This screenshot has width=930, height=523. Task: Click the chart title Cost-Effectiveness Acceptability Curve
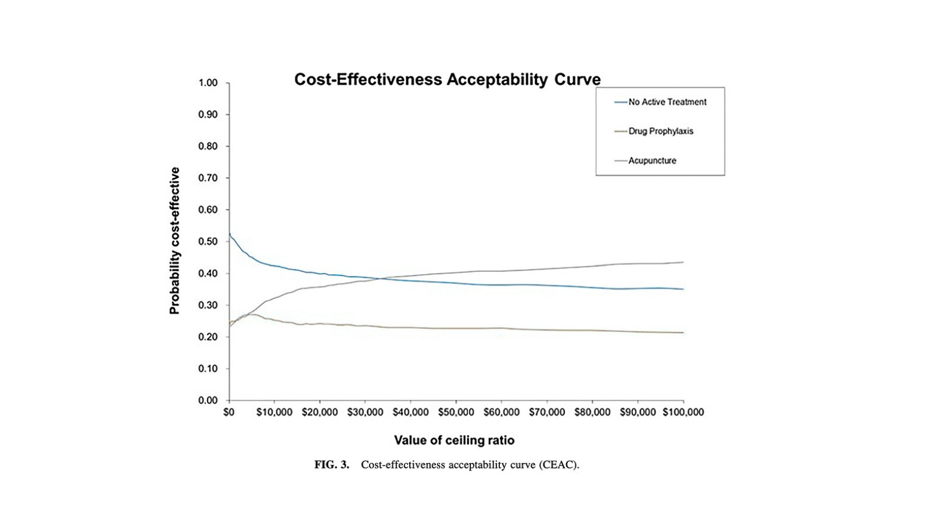[x=447, y=80]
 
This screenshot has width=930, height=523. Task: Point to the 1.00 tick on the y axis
[x=208, y=83]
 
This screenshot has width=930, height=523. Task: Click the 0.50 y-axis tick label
[x=208, y=242]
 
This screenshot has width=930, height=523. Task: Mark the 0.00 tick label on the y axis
[x=208, y=400]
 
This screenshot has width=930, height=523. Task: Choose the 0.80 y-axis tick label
[x=208, y=146]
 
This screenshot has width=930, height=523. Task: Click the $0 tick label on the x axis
[x=229, y=413]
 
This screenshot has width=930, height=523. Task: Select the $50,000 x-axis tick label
[x=456, y=413]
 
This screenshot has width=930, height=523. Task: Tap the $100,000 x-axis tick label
[x=683, y=413]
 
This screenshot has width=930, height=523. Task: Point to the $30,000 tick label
[x=365, y=413]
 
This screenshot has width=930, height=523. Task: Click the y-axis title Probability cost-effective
[x=175, y=241]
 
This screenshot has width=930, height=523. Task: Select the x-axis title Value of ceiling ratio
[x=454, y=440]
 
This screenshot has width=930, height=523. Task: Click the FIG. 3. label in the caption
[x=331, y=465]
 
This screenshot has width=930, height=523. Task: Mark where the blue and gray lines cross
[x=381, y=278]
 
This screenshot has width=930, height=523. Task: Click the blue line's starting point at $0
[x=230, y=234]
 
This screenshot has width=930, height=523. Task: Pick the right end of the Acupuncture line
[x=683, y=262]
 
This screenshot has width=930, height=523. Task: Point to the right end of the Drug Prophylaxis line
[x=683, y=332]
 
